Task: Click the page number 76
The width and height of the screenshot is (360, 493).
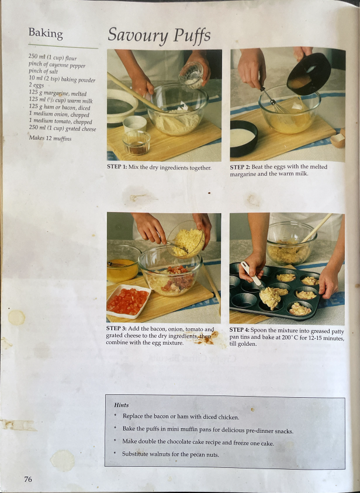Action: (x=28, y=479)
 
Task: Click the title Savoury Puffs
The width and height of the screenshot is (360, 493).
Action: (x=158, y=36)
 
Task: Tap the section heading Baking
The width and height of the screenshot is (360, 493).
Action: (x=46, y=33)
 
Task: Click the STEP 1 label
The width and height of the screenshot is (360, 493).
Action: (x=122, y=168)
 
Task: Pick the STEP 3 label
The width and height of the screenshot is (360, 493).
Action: (x=121, y=329)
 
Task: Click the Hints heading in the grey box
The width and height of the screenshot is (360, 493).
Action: (x=122, y=405)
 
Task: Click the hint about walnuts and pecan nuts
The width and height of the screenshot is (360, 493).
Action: (x=170, y=454)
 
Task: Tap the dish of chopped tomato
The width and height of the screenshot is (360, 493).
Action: (x=128, y=301)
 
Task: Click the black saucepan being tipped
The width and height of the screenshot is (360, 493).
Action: (x=308, y=72)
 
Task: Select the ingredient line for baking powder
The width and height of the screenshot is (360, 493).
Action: (x=62, y=79)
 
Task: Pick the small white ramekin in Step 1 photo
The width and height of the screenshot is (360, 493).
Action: (x=136, y=123)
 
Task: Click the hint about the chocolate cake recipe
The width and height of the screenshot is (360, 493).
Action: (x=198, y=442)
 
